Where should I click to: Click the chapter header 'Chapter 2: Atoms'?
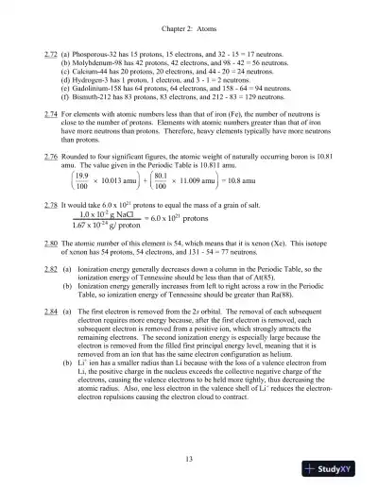pos(189,15)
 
